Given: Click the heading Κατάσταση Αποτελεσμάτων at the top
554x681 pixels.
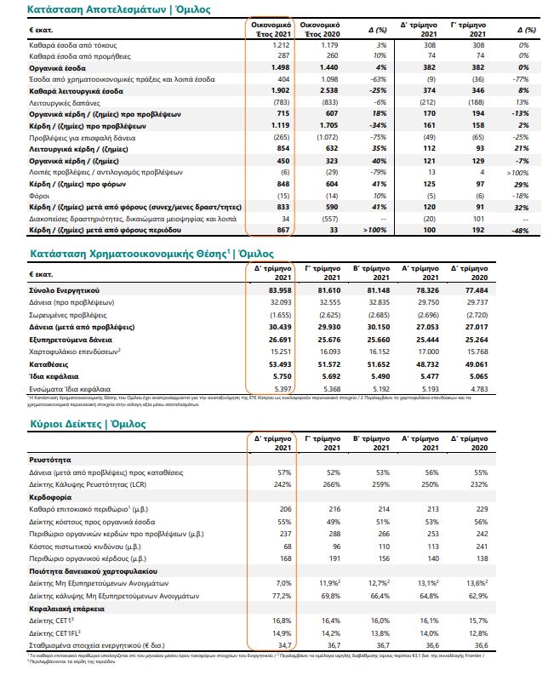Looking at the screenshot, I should click(94, 9).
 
